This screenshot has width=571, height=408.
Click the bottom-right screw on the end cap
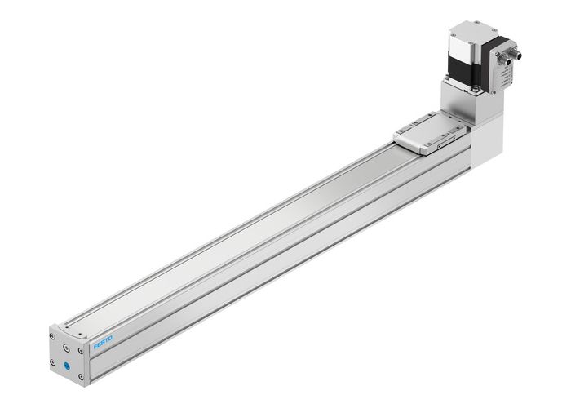82,376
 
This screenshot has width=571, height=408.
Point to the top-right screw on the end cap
82,352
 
